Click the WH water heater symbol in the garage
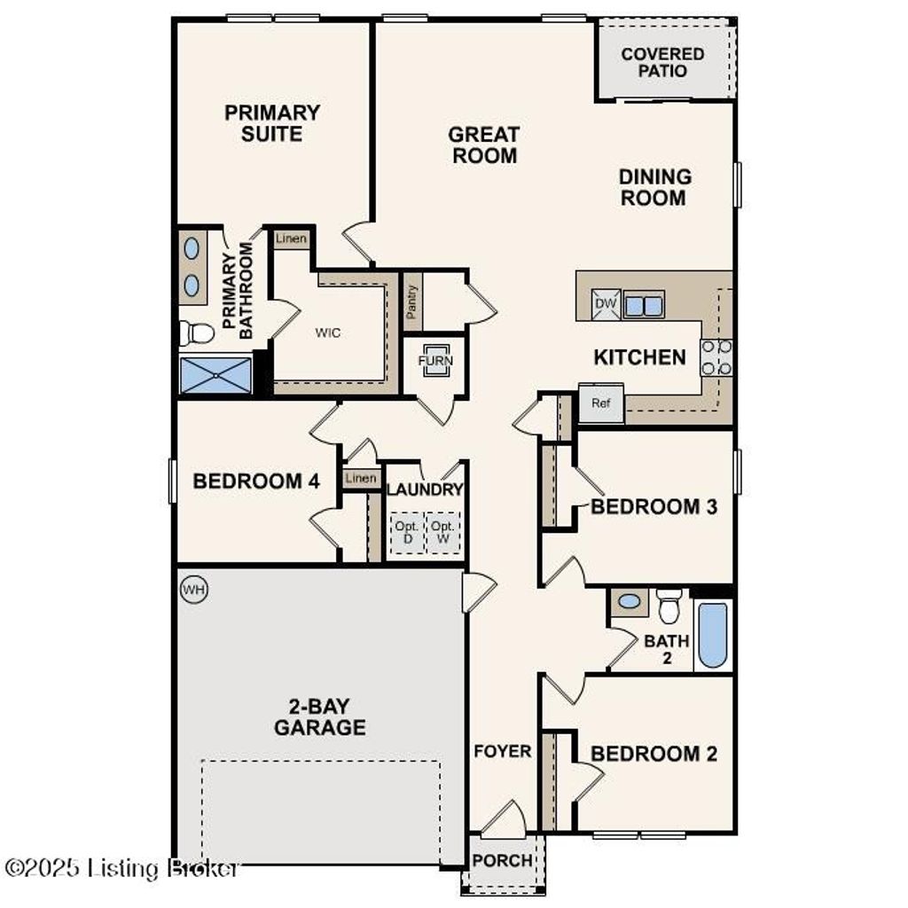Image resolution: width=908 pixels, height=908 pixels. pos(193,590)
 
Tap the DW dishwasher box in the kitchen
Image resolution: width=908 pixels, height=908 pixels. pos(606,304)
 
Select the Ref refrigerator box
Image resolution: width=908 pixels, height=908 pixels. pos(601,403)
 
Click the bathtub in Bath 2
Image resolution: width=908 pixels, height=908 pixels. pos(713,635)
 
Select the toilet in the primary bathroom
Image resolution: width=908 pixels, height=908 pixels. pos(198,333)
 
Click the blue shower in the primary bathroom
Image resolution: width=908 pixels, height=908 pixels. pos(216,375)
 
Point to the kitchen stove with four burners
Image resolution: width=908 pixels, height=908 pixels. pos(716,357)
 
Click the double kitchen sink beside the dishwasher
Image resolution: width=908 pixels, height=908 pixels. pos(644,305)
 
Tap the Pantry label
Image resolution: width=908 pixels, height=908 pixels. pos(411,302)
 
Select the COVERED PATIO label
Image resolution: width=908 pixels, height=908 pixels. pos(662,62)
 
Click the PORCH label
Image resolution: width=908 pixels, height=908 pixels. pos(502,861)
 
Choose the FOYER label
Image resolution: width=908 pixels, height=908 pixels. pos(502,752)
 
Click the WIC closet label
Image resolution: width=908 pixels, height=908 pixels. pos(328,333)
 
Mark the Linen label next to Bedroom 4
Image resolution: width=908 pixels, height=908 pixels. pos(361,479)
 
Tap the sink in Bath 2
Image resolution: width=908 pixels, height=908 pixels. pos(630,601)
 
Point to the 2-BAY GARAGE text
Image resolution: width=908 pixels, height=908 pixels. pos(319,717)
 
